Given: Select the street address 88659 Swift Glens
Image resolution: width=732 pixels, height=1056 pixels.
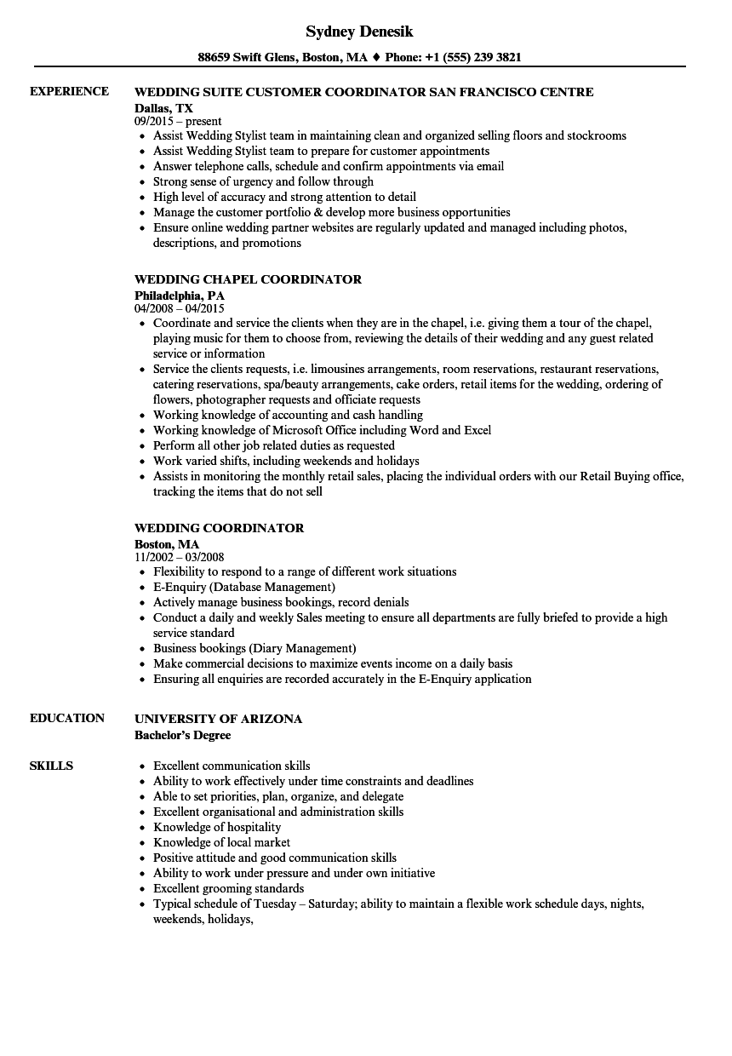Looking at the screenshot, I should [x=246, y=58].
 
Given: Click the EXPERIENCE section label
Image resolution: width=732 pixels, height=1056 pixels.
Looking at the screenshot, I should [x=69, y=91].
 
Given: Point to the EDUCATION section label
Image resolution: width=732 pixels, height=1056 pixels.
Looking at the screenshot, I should [x=67, y=718].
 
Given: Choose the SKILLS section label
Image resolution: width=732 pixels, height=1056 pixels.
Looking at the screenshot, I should [x=51, y=766].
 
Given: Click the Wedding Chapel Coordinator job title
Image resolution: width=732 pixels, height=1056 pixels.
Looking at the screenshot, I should [x=248, y=279].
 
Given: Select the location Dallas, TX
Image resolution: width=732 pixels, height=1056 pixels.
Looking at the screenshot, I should [x=163, y=108].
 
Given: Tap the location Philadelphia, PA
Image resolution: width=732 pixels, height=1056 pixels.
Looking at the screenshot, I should [x=180, y=295].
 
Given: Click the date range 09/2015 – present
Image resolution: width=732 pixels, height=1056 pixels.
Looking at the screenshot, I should [x=178, y=122].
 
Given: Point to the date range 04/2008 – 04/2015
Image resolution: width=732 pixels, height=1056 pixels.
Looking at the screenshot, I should [x=180, y=308].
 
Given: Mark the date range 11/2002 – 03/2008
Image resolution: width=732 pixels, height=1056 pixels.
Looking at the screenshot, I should [x=179, y=557].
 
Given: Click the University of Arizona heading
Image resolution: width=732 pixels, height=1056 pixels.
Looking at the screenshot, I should [x=218, y=719].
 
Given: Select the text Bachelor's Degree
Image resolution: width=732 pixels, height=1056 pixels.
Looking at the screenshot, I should [x=182, y=735].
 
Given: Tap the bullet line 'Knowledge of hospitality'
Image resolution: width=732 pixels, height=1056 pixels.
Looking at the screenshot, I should [x=216, y=827].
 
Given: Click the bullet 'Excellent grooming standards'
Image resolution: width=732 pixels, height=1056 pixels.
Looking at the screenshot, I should [x=228, y=888].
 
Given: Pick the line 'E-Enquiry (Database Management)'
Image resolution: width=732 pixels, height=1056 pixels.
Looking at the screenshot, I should [x=243, y=587].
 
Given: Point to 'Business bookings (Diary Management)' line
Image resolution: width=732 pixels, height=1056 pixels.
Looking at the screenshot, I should [x=254, y=648].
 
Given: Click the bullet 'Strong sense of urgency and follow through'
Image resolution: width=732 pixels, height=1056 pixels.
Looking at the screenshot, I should [x=263, y=181].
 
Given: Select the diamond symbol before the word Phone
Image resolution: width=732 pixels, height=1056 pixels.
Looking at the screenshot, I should [x=376, y=58].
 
